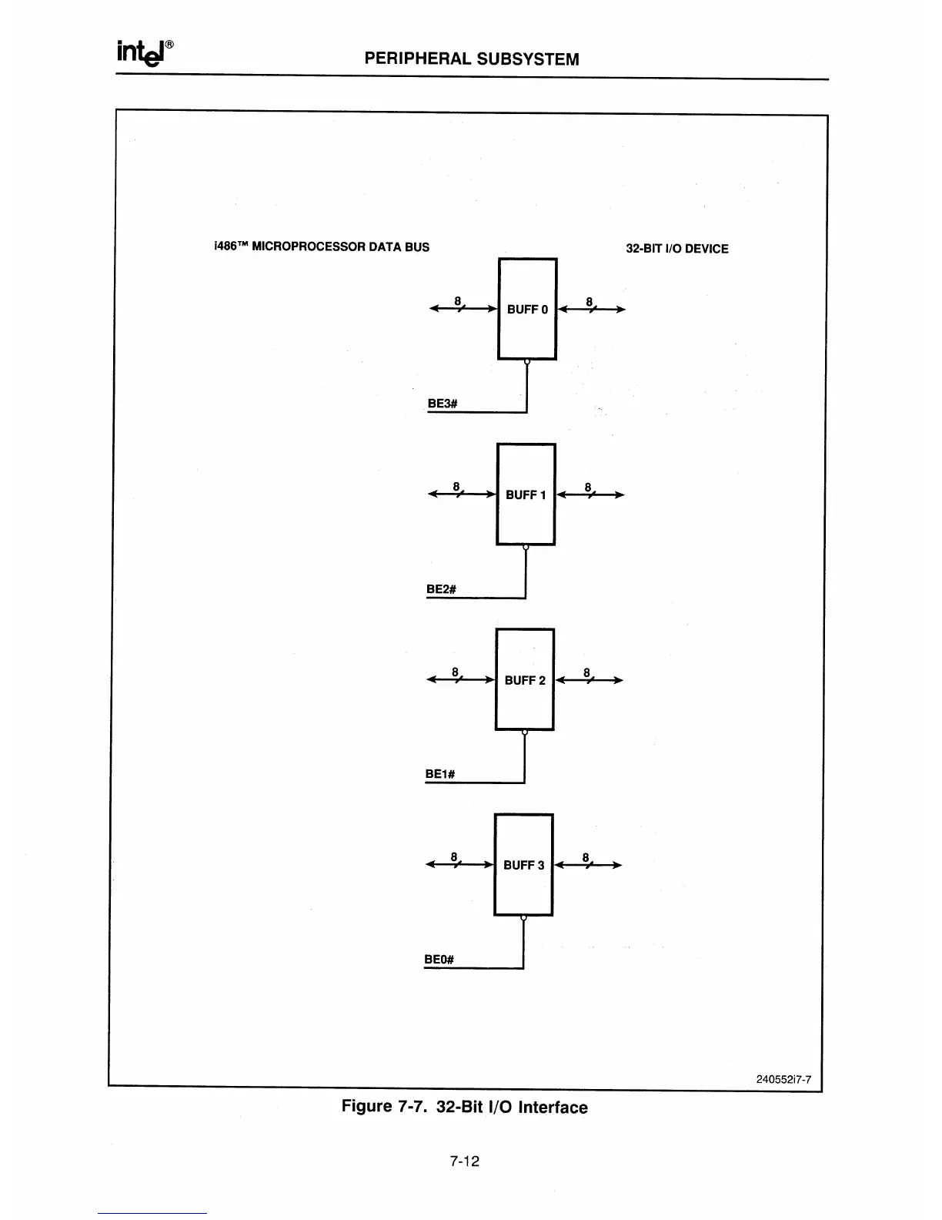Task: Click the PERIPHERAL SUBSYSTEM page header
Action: tap(471, 59)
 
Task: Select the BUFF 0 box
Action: tap(527, 309)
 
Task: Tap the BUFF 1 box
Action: tap(526, 494)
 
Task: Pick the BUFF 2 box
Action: tap(525, 679)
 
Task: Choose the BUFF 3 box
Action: tap(523, 864)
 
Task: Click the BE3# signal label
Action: tap(443, 404)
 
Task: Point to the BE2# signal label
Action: tap(442, 589)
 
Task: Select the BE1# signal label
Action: tap(440, 774)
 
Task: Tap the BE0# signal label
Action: tap(439, 959)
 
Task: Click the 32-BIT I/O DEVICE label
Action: tap(676, 249)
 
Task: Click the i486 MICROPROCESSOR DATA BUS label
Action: tap(321, 247)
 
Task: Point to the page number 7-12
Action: tap(465, 1161)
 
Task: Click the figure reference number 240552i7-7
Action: tap(784, 1079)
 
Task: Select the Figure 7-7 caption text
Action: tap(464, 1107)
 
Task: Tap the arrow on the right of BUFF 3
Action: tap(587, 865)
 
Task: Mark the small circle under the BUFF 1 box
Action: tap(526, 548)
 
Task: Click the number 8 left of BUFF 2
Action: tap(456, 672)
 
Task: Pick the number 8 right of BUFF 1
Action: tap(588, 487)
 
